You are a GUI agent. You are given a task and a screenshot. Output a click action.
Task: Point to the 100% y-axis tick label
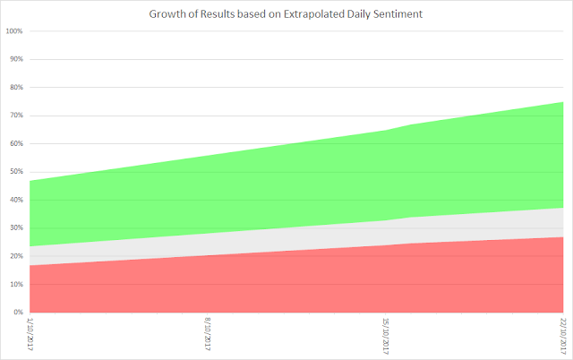pos(14,31)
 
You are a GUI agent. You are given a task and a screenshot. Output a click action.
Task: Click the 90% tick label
pos(16,59)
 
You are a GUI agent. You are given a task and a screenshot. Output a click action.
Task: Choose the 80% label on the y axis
pos(16,88)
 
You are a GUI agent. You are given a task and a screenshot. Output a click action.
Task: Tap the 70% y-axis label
pos(16,116)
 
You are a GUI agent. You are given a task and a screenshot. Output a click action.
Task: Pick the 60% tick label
pos(16,143)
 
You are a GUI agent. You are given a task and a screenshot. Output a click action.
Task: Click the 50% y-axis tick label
pos(16,172)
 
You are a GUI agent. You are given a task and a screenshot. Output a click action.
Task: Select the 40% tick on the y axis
pos(16,200)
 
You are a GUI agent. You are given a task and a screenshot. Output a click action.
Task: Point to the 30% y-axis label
pos(16,228)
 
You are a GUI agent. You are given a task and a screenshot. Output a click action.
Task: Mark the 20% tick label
pos(16,256)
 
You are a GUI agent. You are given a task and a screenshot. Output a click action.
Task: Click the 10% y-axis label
pos(16,285)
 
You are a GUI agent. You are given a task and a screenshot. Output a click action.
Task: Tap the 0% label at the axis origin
pos(18,313)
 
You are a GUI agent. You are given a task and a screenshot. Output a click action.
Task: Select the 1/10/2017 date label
pos(30,334)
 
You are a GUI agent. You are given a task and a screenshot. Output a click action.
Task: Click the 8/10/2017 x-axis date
pos(208,334)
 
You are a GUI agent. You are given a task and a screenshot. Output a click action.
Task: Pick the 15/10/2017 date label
pos(385,336)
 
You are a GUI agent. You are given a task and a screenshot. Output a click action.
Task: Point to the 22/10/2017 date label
pos(563,336)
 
